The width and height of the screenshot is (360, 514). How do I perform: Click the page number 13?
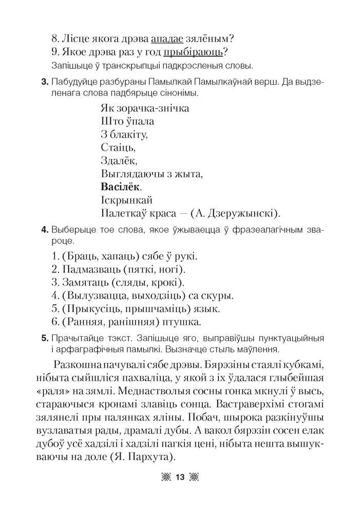click(x=179, y=477)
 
